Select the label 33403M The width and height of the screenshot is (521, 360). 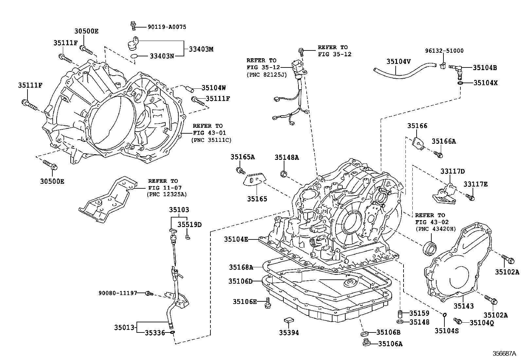click(201, 49)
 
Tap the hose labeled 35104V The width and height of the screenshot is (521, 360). click(396, 72)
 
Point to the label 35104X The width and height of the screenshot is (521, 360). click(485, 83)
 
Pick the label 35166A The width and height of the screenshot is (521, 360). click(443, 141)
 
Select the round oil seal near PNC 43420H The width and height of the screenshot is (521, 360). click(430, 248)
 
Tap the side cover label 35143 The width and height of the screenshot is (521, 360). click(463, 306)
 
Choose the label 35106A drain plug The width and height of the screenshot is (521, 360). click(390, 344)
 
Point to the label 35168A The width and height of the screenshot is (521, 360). click(241, 267)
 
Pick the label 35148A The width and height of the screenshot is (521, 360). click(287, 157)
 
